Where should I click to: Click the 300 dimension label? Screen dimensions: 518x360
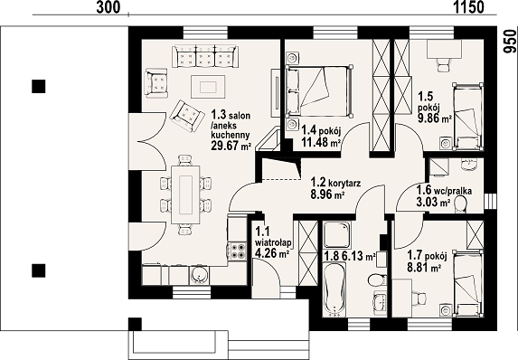tap(108, 7)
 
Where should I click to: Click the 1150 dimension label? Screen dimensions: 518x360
tap(468, 7)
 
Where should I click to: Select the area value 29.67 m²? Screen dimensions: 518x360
tap(231, 145)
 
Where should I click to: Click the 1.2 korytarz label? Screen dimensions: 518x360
tap(335, 183)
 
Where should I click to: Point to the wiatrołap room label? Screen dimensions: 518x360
tap(273, 243)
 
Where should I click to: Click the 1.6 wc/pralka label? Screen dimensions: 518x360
tap(444, 191)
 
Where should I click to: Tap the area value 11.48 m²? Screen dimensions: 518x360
tap(321, 142)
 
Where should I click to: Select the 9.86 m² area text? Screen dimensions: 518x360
tap(435, 118)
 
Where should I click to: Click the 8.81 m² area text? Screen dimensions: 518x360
tap(425, 267)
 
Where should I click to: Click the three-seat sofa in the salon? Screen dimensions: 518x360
tap(205, 57)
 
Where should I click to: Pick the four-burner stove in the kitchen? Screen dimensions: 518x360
tap(237, 251)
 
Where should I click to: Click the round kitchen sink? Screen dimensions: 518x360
tap(199, 275)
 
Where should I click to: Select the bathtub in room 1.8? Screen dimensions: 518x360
tap(334, 289)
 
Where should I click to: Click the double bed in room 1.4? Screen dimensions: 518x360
tap(319, 91)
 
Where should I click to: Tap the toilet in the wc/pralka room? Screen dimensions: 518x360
tap(460, 204)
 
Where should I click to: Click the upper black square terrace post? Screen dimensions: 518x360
tap(39, 86)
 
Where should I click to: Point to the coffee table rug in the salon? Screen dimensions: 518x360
tap(208, 87)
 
